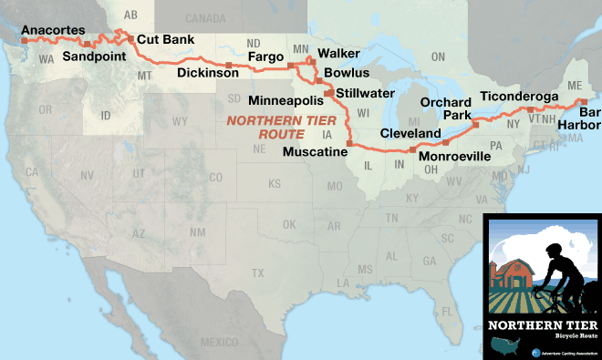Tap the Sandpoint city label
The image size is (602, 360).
[95, 56]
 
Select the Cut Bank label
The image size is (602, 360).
[165, 40]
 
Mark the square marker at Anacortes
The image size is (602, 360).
[26, 42]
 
